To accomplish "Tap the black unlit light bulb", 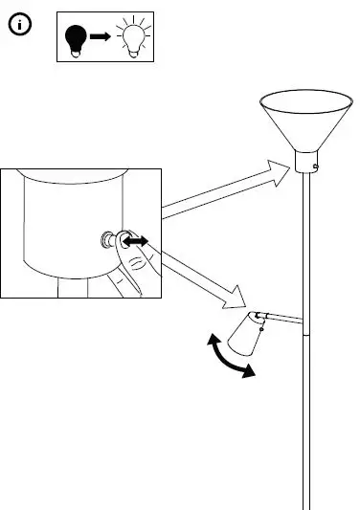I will click(76, 39).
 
